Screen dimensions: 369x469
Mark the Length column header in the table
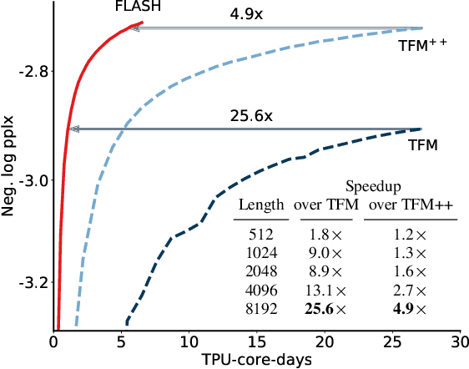coord(261,205)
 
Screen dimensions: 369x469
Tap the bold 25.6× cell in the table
coord(324,309)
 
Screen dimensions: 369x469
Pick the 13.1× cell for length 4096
coord(324,290)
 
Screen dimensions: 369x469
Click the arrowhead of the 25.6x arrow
coord(74,129)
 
